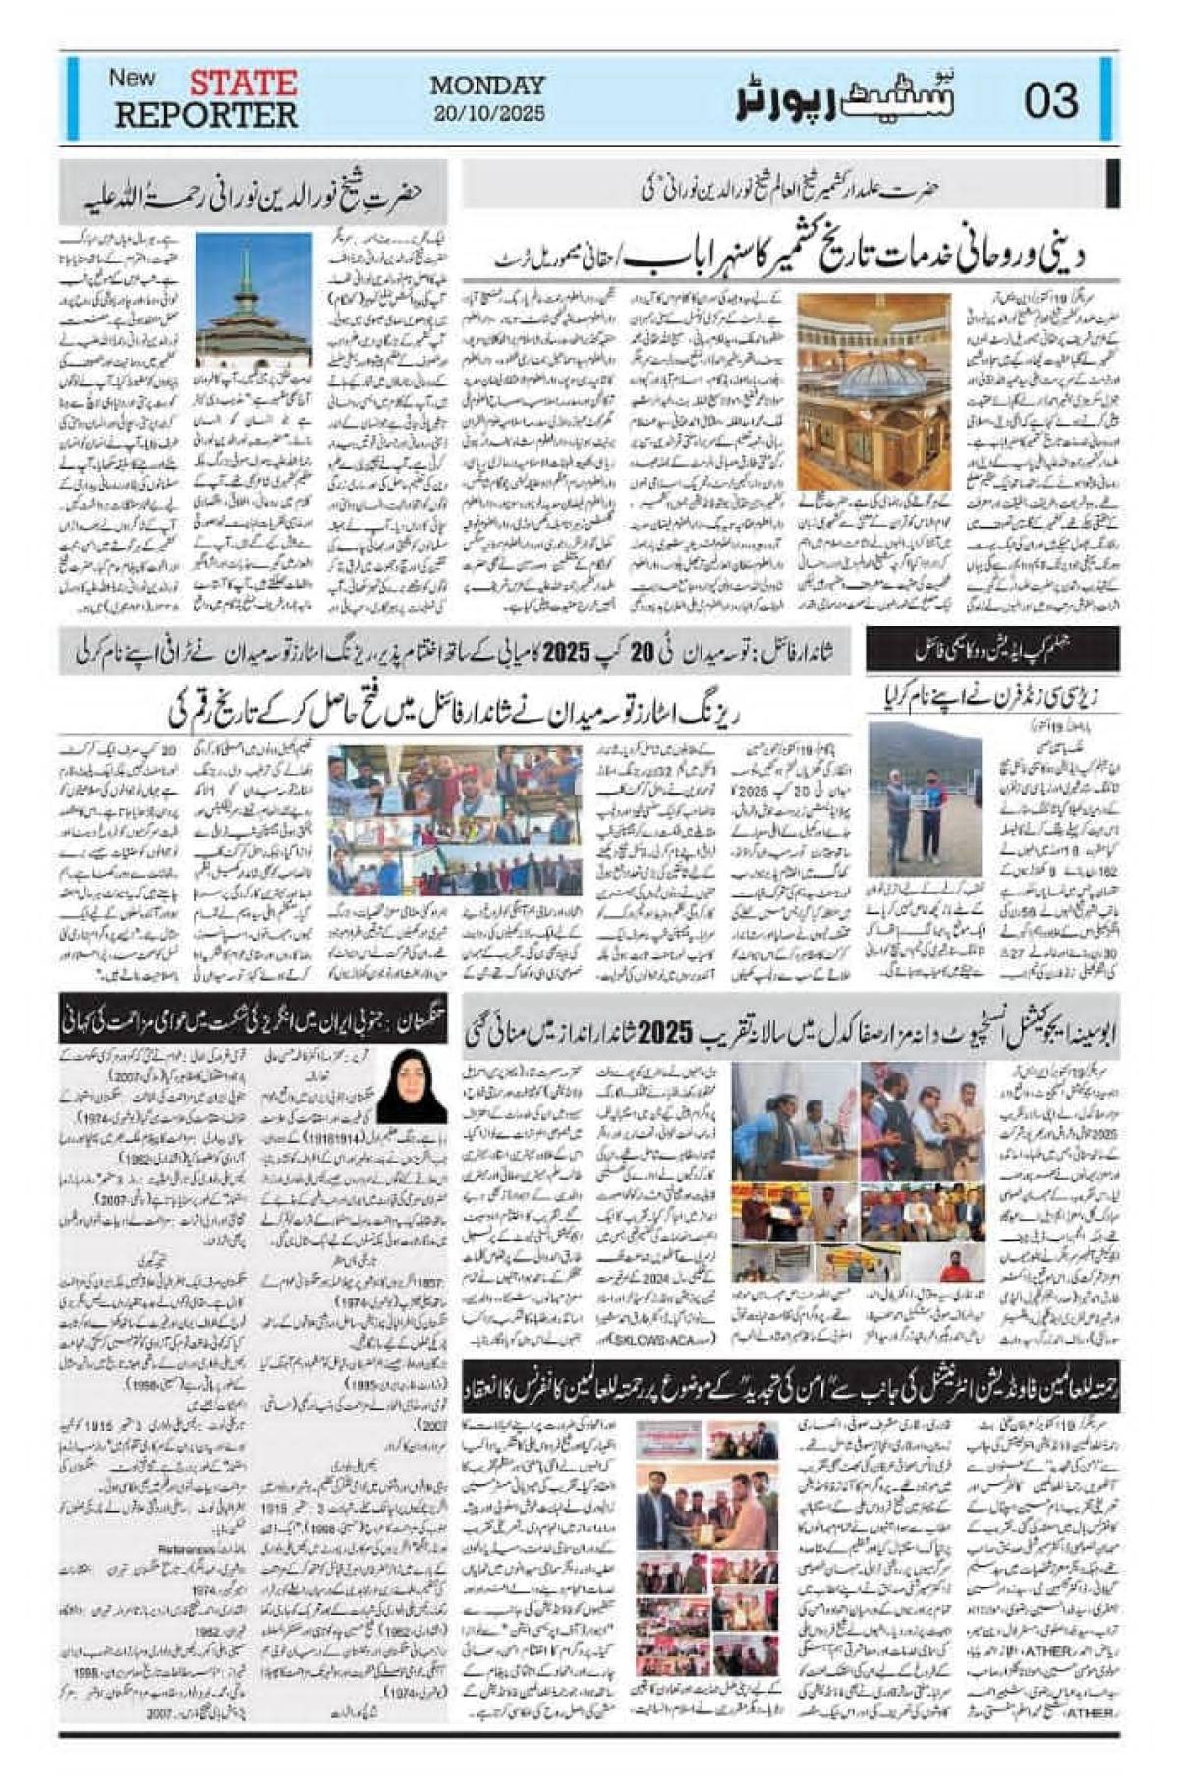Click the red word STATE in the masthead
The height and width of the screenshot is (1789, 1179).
[243, 82]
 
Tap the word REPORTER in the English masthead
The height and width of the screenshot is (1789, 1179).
[205, 115]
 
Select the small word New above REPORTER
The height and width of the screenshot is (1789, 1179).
[132, 77]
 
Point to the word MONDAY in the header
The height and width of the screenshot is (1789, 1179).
[487, 86]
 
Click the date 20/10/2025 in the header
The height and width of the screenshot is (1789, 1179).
[488, 113]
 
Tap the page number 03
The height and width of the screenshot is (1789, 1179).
[1050, 100]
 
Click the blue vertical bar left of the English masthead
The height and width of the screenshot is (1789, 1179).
[72, 98]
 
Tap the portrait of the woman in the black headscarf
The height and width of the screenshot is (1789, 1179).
[412, 1086]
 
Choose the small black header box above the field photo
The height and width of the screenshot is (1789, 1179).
[991, 649]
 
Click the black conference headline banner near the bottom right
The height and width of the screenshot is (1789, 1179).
[790, 1386]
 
